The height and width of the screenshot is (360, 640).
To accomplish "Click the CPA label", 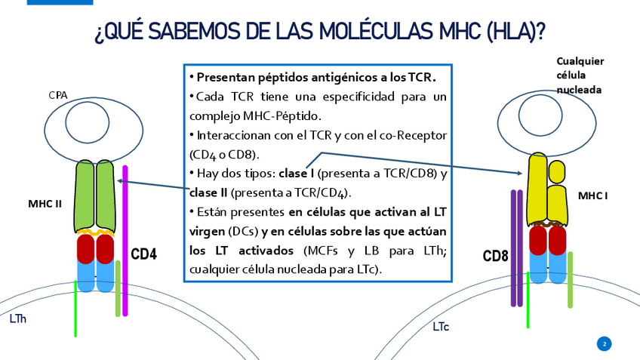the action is (x=58, y=95).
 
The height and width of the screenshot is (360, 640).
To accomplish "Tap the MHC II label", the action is (x=45, y=204).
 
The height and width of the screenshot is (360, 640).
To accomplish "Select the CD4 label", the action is (x=143, y=254).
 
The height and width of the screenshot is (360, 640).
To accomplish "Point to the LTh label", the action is (x=18, y=319).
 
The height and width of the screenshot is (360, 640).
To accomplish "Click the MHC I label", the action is (x=592, y=196).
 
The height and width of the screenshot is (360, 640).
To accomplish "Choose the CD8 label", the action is (x=495, y=257).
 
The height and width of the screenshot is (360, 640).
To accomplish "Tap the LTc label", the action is (x=441, y=327).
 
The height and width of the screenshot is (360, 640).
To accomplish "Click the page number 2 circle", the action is (x=604, y=344).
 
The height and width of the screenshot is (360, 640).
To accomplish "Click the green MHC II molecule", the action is (x=94, y=195).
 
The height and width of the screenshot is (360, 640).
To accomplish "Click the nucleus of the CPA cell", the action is (x=91, y=120).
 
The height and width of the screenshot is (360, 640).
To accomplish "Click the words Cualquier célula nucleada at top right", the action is (x=580, y=75).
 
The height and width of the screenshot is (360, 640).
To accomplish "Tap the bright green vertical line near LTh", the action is (x=75, y=313).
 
